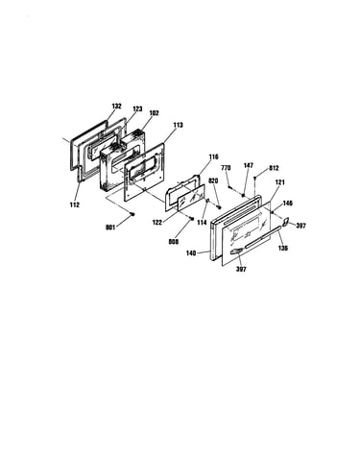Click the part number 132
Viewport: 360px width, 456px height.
coord(116,106)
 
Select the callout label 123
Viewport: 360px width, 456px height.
coord(137,109)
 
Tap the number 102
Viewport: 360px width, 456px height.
coord(154,113)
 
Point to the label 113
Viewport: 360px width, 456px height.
coord(178,125)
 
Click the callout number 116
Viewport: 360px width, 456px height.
coord(213,156)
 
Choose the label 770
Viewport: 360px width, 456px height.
coord(226,167)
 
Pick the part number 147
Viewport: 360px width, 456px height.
coord(248,165)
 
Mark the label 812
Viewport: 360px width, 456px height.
coord(274,168)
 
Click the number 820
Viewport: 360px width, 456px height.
coord(213,181)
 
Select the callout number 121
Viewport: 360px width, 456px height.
coord(280,182)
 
